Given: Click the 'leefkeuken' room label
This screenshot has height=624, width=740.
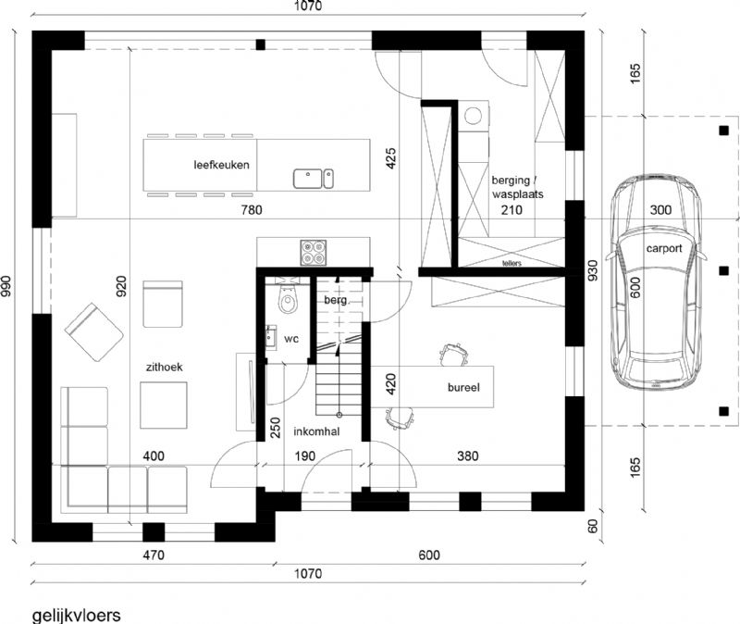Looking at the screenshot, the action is click(x=221, y=165).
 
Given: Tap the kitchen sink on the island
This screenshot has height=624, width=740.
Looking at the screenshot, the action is click(x=314, y=179).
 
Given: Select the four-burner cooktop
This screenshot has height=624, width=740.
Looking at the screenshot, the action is click(x=314, y=253).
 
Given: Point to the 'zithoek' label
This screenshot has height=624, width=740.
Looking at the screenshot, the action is click(x=165, y=367).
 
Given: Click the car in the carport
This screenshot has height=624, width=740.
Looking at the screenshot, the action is click(x=657, y=281).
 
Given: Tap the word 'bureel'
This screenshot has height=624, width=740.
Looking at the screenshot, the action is click(x=463, y=387).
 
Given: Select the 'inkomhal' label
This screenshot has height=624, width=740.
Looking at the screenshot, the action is click(x=316, y=431).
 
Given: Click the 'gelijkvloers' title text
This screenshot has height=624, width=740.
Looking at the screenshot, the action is click(x=77, y=616).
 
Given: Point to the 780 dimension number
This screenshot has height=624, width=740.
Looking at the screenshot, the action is click(x=252, y=210).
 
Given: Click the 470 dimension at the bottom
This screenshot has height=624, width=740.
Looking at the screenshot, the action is click(x=154, y=555).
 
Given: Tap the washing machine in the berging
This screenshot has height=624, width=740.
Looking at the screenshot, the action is click(x=474, y=115).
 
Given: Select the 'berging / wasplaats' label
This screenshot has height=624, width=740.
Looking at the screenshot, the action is click(x=517, y=187).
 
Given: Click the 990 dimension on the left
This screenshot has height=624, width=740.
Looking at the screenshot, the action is click(x=6, y=286).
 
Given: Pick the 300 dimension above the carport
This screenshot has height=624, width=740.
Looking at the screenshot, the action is click(x=660, y=210).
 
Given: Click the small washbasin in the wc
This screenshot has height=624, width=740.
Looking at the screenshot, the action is click(x=271, y=337).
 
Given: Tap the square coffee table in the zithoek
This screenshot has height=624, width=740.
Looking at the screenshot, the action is click(x=164, y=406).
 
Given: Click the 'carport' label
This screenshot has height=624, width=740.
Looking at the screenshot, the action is click(x=664, y=248).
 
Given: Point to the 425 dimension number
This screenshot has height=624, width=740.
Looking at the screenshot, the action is click(x=391, y=158).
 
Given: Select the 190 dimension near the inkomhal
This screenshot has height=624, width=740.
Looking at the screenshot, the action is click(x=305, y=456).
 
